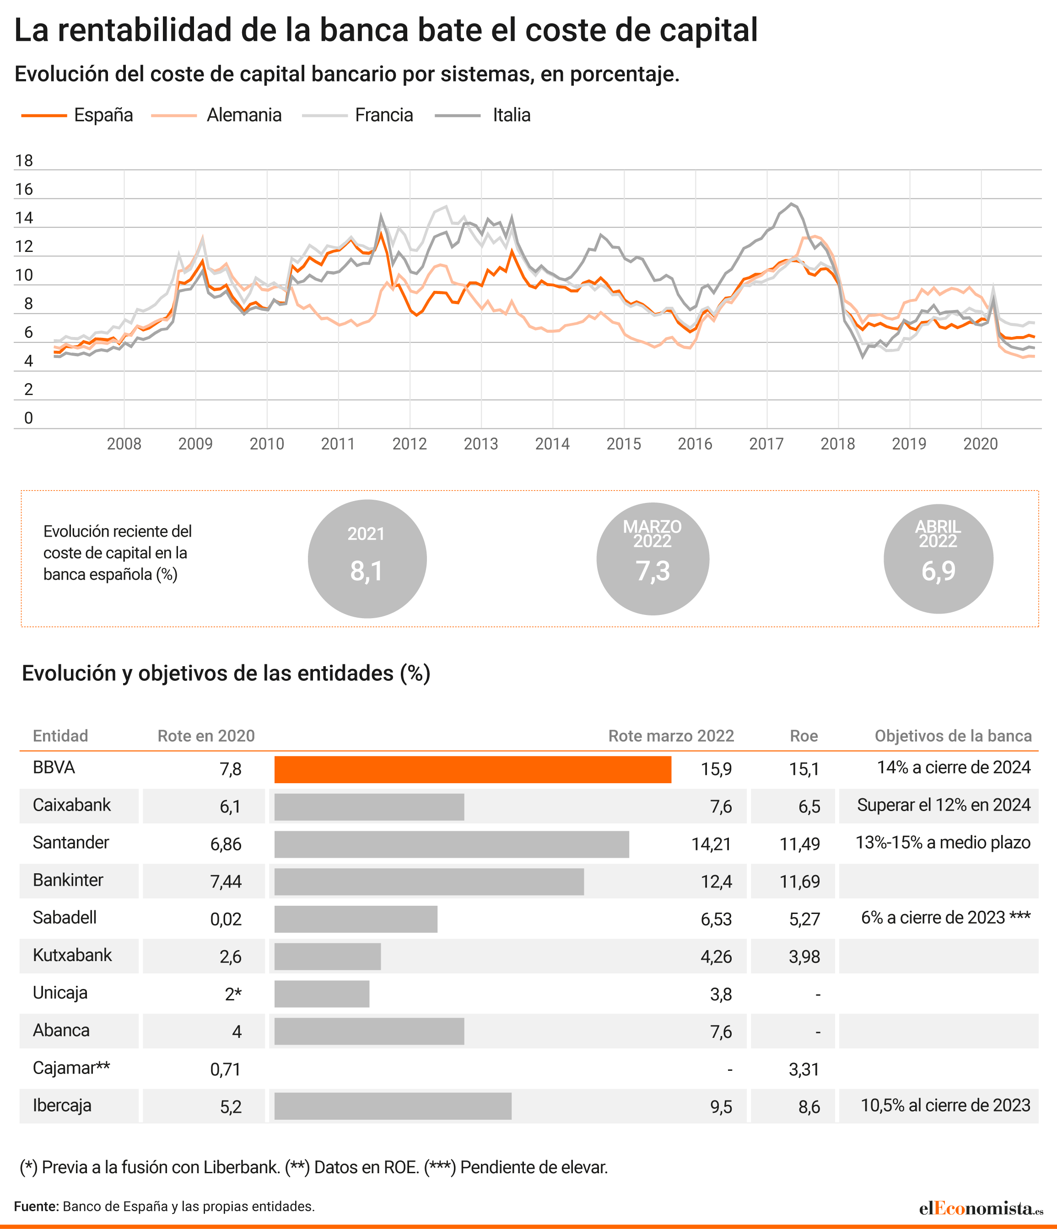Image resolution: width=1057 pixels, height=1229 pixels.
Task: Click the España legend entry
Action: pyautogui.click(x=77, y=115)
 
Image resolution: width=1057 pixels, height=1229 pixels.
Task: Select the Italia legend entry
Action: pyautogui.click(x=482, y=115)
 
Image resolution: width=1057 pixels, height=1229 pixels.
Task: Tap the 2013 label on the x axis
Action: pyautogui.click(x=481, y=444)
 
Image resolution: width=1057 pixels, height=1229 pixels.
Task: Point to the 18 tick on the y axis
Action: pyautogui.click(x=24, y=161)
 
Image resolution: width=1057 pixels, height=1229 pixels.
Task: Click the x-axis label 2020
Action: pyautogui.click(x=981, y=444)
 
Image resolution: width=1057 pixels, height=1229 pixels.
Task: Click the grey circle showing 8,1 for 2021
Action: pyautogui.click(x=367, y=559)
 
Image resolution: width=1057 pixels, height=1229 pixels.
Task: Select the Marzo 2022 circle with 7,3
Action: pyautogui.click(x=653, y=559)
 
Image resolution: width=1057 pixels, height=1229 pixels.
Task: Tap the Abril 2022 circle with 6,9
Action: pyautogui.click(x=938, y=559)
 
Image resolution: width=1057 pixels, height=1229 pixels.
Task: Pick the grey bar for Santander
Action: pyautogui.click(x=452, y=844)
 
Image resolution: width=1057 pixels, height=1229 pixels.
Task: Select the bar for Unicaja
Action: pyautogui.click(x=322, y=994)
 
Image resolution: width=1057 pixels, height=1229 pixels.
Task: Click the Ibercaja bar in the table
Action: pyautogui.click(x=393, y=1106)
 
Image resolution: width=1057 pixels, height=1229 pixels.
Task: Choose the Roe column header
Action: pyautogui.click(x=804, y=736)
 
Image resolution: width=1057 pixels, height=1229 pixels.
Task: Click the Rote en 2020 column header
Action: pyautogui.click(x=206, y=736)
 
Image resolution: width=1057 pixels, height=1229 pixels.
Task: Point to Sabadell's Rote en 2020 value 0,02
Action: pyautogui.click(x=226, y=919)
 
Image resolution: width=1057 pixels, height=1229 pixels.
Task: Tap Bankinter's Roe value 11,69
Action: pyautogui.click(x=799, y=882)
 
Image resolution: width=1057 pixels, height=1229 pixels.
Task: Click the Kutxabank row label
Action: pyautogui.click(x=72, y=956)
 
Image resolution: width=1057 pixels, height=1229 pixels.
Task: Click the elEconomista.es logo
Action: pyautogui.click(x=981, y=1208)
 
